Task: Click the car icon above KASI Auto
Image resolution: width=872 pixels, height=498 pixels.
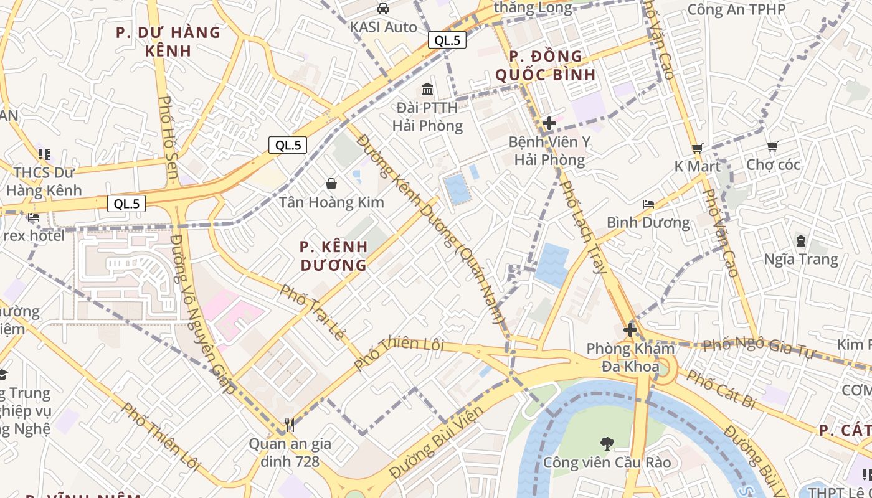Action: [383, 9]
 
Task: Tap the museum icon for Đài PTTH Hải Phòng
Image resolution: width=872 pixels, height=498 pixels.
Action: [427, 89]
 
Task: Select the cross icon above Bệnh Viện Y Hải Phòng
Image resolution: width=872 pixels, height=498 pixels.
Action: [549, 123]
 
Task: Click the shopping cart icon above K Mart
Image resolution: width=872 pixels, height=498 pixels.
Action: [697, 148]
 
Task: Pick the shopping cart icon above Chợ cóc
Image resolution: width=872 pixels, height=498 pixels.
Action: [772, 146]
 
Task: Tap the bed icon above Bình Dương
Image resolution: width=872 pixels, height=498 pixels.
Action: [648, 204]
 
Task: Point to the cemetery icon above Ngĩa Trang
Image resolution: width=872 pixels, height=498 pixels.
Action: [800, 240]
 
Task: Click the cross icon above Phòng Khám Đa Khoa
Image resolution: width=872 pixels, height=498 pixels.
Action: [630, 330]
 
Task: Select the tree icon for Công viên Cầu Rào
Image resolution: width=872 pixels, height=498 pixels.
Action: [607, 444]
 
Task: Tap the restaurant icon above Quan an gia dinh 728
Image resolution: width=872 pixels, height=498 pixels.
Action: [289, 425]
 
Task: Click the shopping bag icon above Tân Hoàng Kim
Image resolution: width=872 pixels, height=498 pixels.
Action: [331, 184]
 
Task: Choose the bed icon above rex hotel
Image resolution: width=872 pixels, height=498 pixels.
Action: [33, 217]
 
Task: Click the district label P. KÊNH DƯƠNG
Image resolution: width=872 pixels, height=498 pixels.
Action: [333, 256]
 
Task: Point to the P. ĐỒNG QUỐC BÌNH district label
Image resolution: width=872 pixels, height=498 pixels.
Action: [546, 65]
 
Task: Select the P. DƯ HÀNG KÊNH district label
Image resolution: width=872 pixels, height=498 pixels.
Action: [168, 41]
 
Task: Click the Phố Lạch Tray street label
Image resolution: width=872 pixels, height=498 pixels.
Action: [583, 227]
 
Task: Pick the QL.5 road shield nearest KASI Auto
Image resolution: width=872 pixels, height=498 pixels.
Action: [447, 40]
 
